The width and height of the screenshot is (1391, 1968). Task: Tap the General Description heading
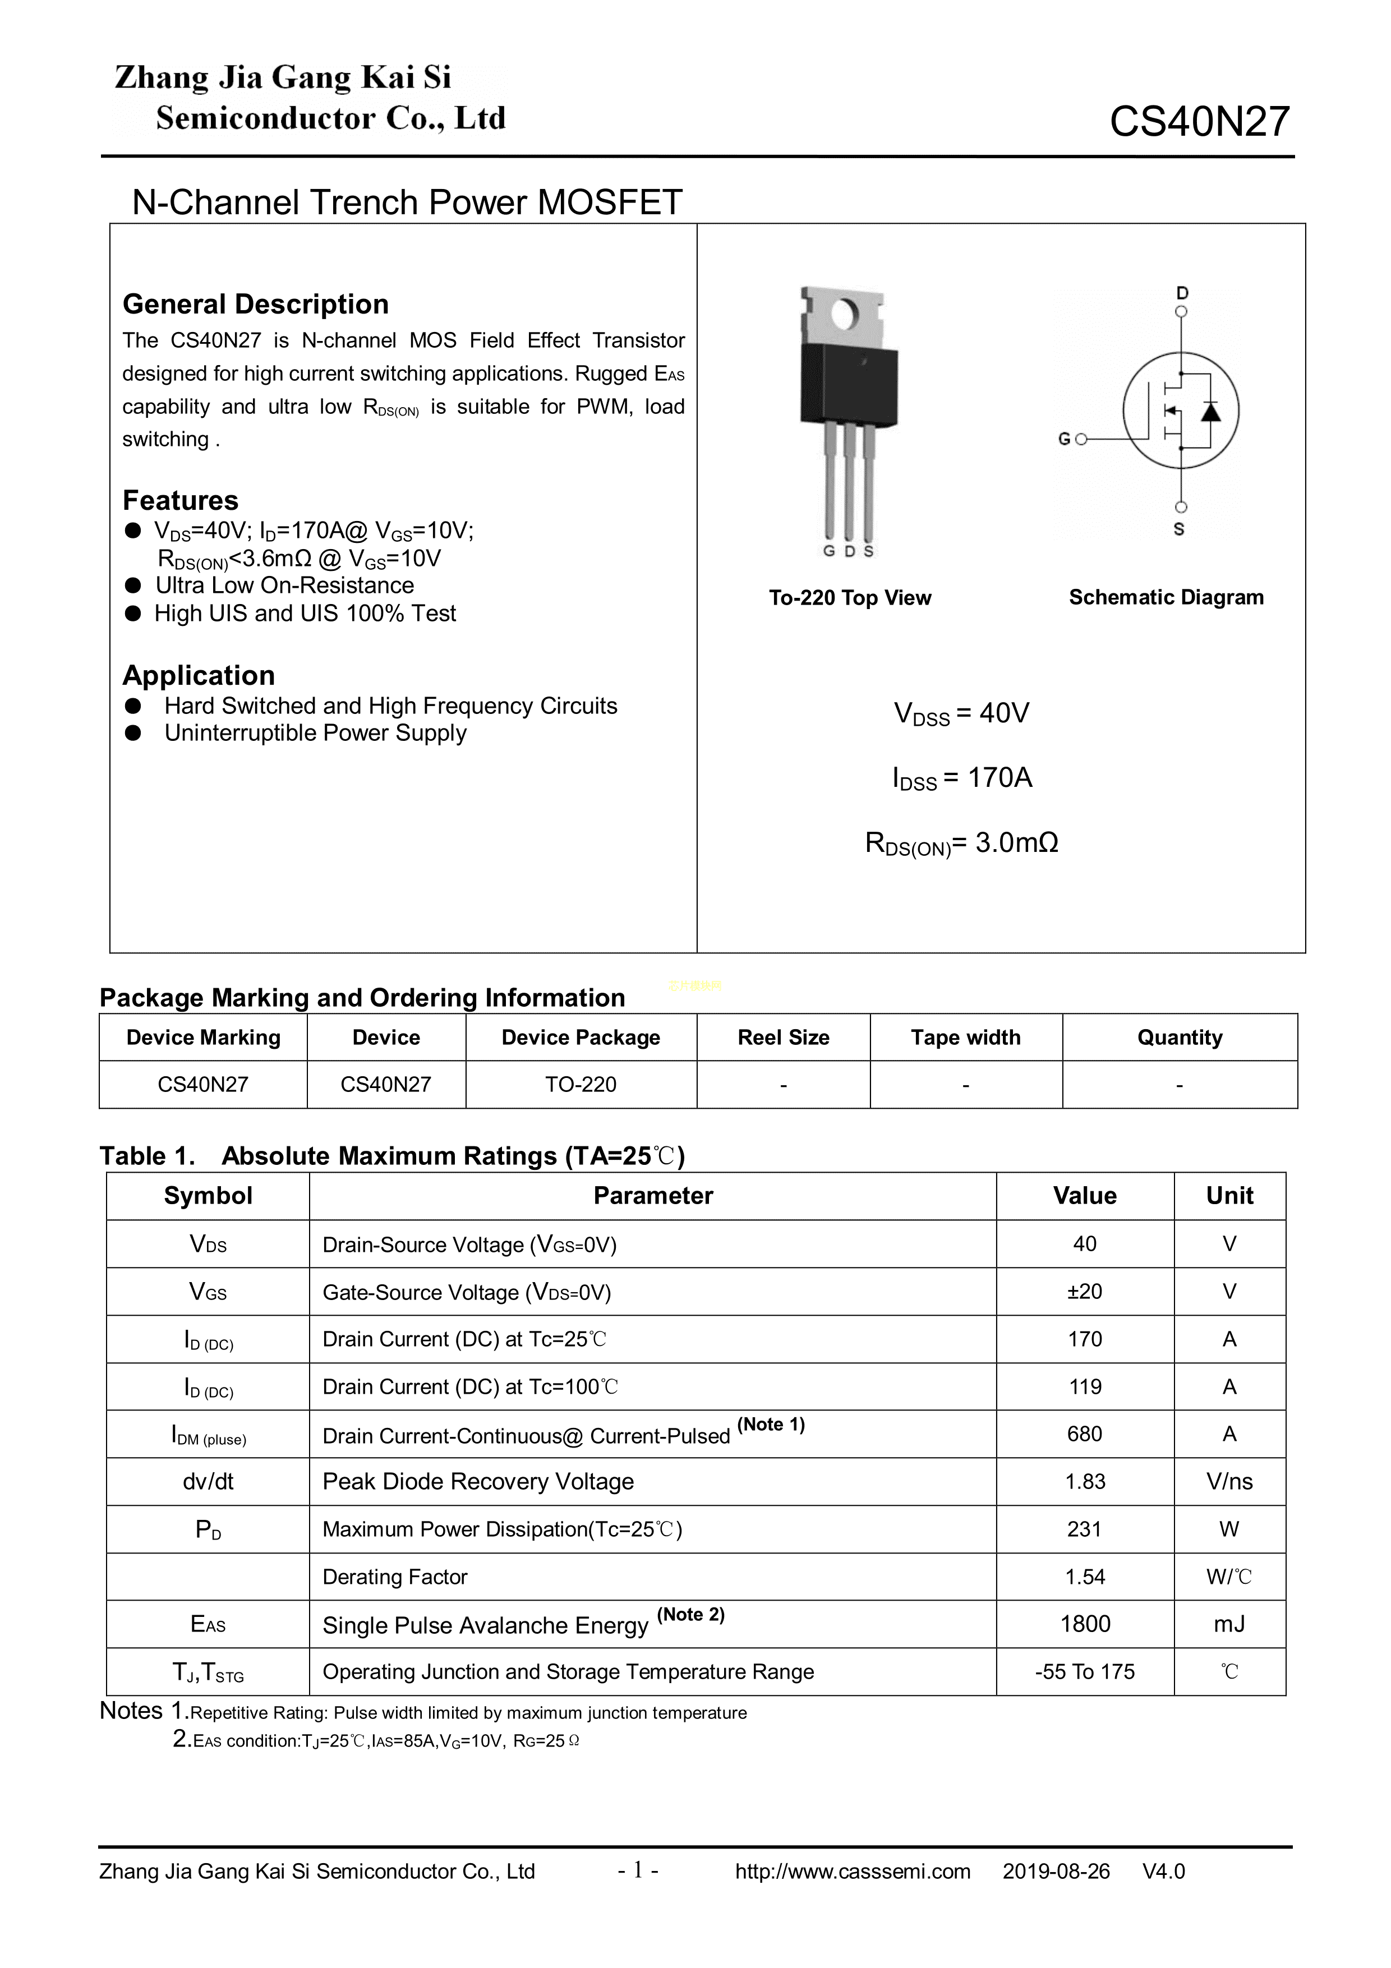coord(255,305)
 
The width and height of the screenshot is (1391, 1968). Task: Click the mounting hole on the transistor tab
coord(844,315)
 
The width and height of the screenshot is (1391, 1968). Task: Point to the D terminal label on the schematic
coord(1182,293)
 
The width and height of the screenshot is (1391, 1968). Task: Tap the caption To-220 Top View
coord(849,597)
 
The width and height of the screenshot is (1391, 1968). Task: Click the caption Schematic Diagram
coord(1166,597)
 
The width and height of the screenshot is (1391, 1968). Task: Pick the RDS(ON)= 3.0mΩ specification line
coord(961,844)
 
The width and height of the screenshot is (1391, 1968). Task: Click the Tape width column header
coord(965,1037)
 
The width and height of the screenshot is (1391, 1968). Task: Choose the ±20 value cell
coord(1084,1291)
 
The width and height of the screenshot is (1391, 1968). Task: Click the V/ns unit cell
coord(1229,1481)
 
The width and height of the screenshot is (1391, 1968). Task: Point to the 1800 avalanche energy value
coord(1084,1624)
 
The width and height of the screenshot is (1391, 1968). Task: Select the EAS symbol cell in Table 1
coord(208,1624)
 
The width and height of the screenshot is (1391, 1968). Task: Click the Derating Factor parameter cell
coord(394,1577)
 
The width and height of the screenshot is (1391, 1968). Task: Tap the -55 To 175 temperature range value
coord(1084,1671)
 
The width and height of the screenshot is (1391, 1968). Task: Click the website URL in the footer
coord(852,1871)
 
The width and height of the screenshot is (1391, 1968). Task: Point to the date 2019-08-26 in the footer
coord(1056,1871)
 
